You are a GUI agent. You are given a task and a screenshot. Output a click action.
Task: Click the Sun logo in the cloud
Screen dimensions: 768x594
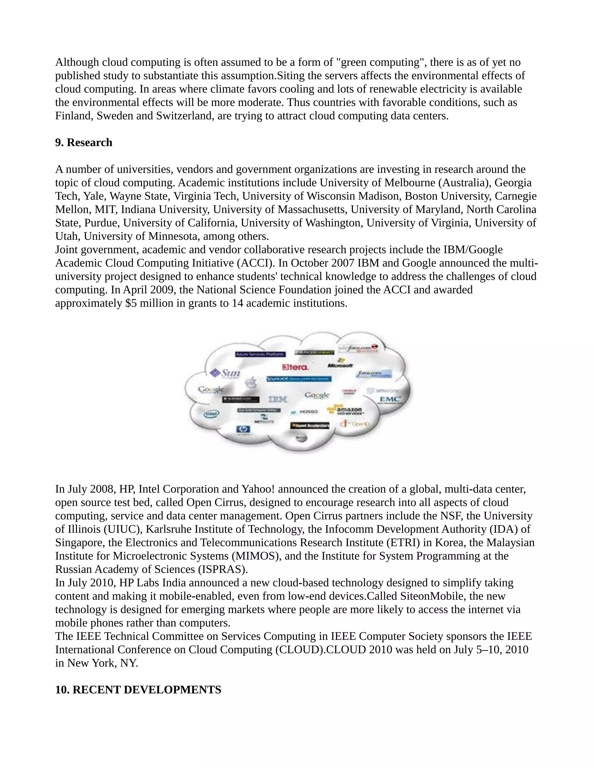coord(226,373)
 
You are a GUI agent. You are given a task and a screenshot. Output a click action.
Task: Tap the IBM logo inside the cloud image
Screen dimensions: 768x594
coord(278,399)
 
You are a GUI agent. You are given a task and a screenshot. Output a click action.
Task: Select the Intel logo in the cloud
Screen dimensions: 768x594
coord(211,414)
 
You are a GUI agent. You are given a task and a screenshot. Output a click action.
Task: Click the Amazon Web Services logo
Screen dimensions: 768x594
coord(345,410)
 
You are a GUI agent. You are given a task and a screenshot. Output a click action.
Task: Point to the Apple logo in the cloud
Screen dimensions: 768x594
coord(251,383)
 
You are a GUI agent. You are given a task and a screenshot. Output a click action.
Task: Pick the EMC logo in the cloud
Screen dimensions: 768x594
coord(390,399)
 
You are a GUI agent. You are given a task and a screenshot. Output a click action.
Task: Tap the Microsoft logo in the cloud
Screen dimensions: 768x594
coord(340,364)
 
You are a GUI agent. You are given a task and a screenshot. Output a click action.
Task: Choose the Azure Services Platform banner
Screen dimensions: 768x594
coord(260,354)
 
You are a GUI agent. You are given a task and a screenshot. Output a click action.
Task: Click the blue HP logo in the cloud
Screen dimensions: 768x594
coord(243,430)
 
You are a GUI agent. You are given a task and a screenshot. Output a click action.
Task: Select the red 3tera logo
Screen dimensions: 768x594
coord(296,367)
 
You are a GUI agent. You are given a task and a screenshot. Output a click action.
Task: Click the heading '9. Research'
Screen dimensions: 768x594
coord(84,142)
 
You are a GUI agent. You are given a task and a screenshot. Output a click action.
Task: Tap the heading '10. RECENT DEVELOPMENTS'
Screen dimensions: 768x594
coord(138,689)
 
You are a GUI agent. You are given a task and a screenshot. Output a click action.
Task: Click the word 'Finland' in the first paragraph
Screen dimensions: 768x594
coord(74,116)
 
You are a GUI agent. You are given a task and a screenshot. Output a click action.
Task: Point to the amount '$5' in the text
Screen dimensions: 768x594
coord(131,303)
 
